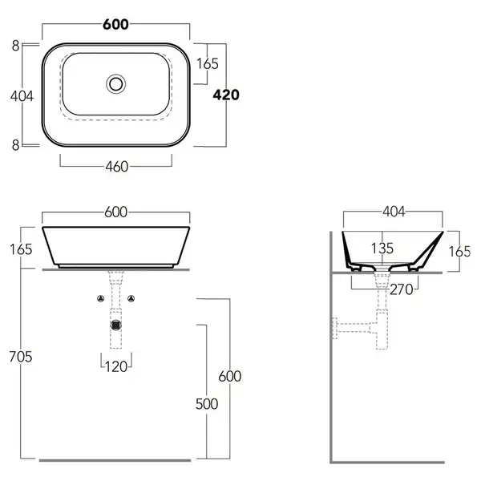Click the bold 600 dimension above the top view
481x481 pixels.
point(115,25)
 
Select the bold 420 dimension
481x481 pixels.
point(226,95)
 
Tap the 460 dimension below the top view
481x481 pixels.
point(117,167)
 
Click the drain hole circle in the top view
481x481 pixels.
point(116,84)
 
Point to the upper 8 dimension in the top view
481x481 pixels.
point(16,46)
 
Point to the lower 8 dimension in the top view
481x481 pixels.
point(16,145)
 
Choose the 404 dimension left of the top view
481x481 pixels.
point(22,96)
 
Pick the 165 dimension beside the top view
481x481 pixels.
point(208,64)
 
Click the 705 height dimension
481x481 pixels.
point(21,357)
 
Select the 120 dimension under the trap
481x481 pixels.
point(116,366)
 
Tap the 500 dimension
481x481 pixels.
point(207,404)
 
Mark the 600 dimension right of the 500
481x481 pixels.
point(230,376)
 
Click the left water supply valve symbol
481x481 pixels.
point(101,298)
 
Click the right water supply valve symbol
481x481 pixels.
point(131,298)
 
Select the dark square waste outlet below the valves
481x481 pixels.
point(116,325)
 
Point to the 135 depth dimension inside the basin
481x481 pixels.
point(382,249)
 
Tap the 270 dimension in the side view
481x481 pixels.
point(402,289)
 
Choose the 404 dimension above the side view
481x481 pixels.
point(394,212)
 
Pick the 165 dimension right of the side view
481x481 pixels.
point(459,252)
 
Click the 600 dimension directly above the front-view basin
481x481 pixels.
point(115,212)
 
